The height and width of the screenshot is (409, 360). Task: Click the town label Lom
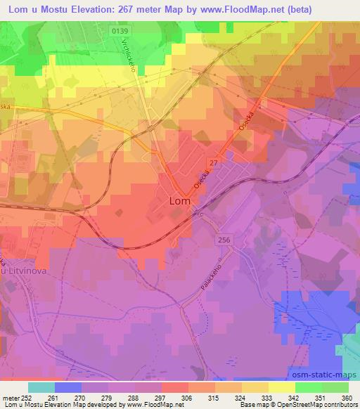[x=180, y=201]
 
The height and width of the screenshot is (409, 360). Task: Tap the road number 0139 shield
[x=120, y=32]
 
